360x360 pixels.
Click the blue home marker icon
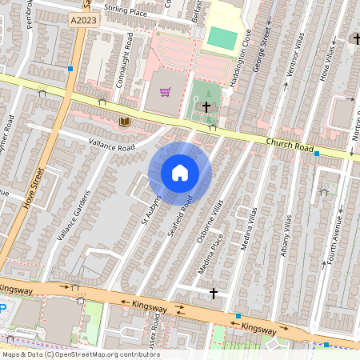(180, 173)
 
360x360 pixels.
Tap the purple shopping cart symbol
(165, 92)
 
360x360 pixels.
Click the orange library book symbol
(124, 122)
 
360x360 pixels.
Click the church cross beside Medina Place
(214, 294)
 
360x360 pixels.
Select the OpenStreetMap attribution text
(80, 354)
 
